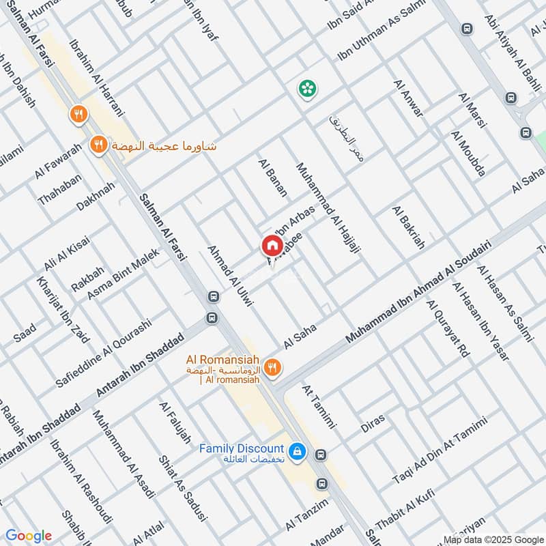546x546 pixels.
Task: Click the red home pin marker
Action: (271, 245)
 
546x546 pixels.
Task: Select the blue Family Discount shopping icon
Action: (297, 451)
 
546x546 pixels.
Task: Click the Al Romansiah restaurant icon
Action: (272, 367)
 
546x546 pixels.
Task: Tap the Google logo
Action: (28, 536)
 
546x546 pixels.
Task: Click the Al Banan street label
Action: (272, 178)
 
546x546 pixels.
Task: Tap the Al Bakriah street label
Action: (408, 226)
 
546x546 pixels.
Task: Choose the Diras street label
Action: (373, 423)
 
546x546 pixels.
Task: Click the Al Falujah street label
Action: (175, 422)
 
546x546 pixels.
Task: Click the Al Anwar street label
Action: (408, 98)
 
